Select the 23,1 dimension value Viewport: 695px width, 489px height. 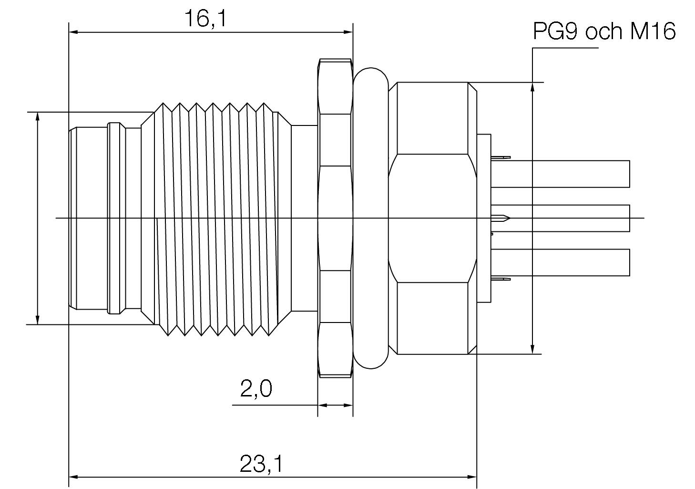(261, 464)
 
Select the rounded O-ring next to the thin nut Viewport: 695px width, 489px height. (371, 218)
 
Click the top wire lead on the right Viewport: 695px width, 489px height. (562, 174)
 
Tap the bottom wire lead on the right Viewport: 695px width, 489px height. (562, 262)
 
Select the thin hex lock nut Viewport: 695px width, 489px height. (335, 218)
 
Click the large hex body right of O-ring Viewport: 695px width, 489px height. (431, 218)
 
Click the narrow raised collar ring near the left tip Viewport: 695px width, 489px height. (114, 218)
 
